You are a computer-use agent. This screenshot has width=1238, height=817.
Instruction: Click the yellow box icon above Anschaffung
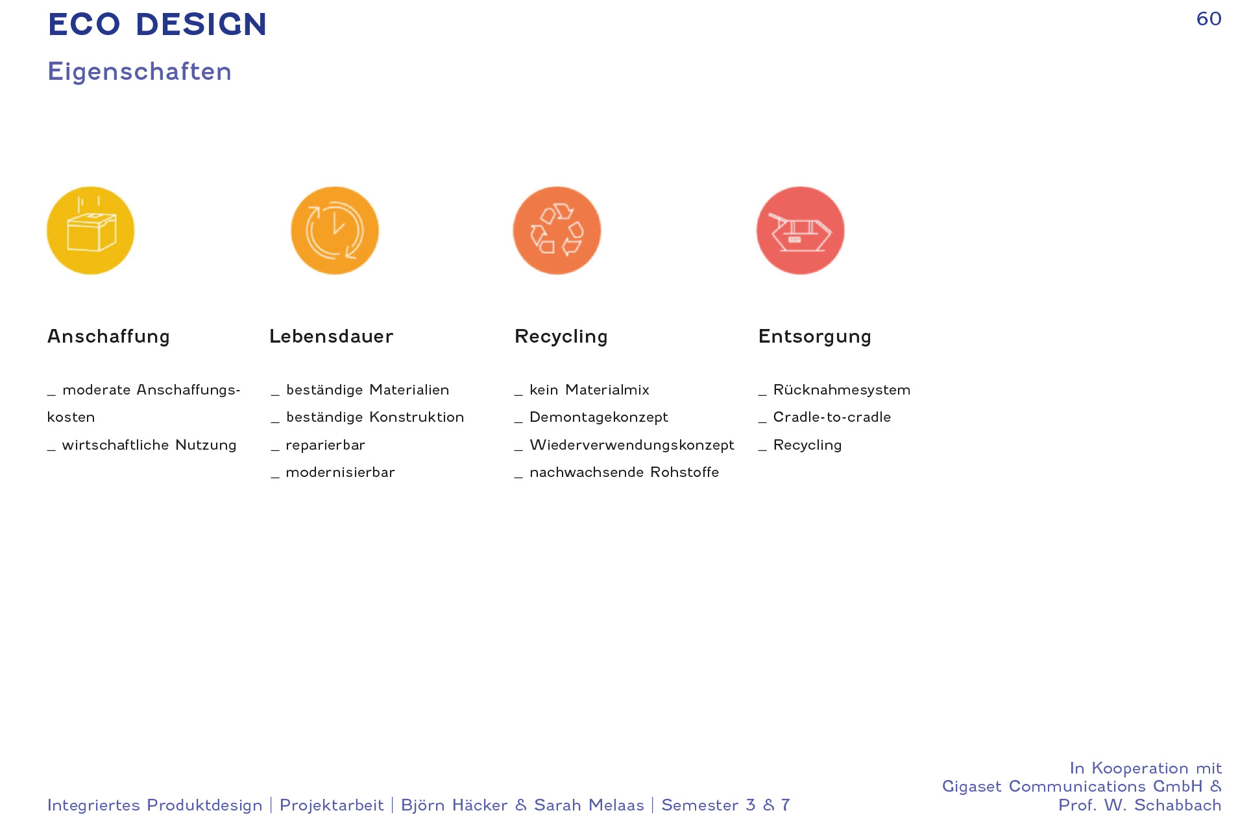pyautogui.click(x=91, y=230)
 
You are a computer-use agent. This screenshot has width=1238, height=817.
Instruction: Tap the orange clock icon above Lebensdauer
pyautogui.click(x=335, y=230)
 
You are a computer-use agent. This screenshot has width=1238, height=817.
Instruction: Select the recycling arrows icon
pyautogui.click(x=557, y=230)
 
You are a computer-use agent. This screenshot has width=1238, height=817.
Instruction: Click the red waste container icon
pyautogui.click(x=801, y=230)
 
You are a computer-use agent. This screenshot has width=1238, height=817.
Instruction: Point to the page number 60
pyautogui.click(x=1209, y=19)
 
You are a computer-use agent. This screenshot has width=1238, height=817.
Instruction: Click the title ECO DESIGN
pyautogui.click(x=157, y=25)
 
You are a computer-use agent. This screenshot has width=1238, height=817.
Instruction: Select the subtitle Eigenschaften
pyautogui.click(x=140, y=71)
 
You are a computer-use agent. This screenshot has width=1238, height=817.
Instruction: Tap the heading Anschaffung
pyautogui.click(x=108, y=336)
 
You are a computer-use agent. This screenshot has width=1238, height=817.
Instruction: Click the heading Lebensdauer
pyautogui.click(x=332, y=336)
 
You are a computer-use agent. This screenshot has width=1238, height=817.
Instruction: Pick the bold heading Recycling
pyautogui.click(x=561, y=336)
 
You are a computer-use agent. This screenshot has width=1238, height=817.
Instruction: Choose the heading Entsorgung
pyautogui.click(x=815, y=336)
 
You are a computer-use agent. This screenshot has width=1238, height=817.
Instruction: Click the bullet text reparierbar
pyautogui.click(x=326, y=445)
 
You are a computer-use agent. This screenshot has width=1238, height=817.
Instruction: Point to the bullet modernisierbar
pyautogui.click(x=341, y=472)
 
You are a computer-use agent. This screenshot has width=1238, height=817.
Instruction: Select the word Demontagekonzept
pyautogui.click(x=599, y=417)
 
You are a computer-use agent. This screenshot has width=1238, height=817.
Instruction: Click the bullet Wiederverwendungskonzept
pyautogui.click(x=632, y=445)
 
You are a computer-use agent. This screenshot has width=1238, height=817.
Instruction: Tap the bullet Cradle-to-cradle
pyautogui.click(x=832, y=417)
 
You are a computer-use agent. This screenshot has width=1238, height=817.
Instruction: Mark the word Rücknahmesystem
pyautogui.click(x=842, y=389)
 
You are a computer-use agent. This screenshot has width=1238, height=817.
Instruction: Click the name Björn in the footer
pyautogui.click(x=422, y=805)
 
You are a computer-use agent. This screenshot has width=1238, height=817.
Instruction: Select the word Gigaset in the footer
pyautogui.click(x=971, y=787)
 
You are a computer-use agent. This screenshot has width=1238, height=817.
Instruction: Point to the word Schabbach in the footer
pyautogui.click(x=1178, y=805)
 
